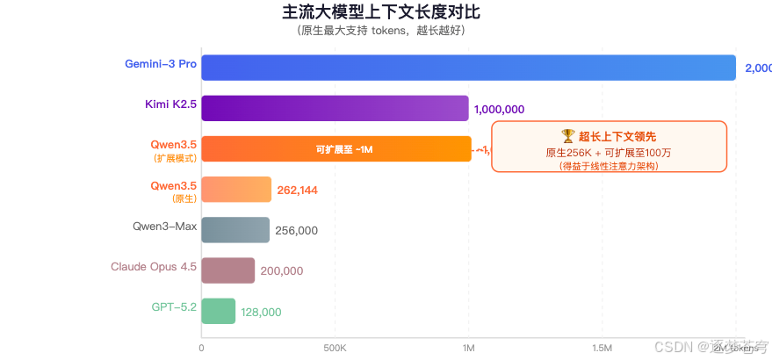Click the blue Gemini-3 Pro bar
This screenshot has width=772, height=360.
(x=468, y=68)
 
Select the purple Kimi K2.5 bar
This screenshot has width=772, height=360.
(x=335, y=108)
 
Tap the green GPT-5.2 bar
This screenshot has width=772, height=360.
(x=219, y=311)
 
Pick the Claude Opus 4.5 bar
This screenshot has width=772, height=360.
(x=227, y=270)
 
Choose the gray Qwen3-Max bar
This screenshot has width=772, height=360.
(x=235, y=230)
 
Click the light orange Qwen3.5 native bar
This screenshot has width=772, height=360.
(x=236, y=189)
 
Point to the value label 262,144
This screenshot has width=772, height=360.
(x=298, y=190)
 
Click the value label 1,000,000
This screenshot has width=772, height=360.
(x=499, y=110)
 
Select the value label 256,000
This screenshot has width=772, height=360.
(x=296, y=231)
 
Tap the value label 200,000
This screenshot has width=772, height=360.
(x=281, y=271)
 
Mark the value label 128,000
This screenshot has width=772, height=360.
(x=261, y=312)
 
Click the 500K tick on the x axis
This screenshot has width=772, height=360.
(x=335, y=349)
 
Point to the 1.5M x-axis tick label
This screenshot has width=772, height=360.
(x=602, y=349)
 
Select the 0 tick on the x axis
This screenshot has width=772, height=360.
(x=202, y=349)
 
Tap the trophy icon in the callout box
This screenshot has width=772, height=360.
(x=567, y=136)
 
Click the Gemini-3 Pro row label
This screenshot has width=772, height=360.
(x=161, y=64)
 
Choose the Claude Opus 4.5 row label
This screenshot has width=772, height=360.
(x=154, y=267)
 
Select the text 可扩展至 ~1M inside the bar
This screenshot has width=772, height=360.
(x=345, y=149)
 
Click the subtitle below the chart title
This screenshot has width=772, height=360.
(x=381, y=31)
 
